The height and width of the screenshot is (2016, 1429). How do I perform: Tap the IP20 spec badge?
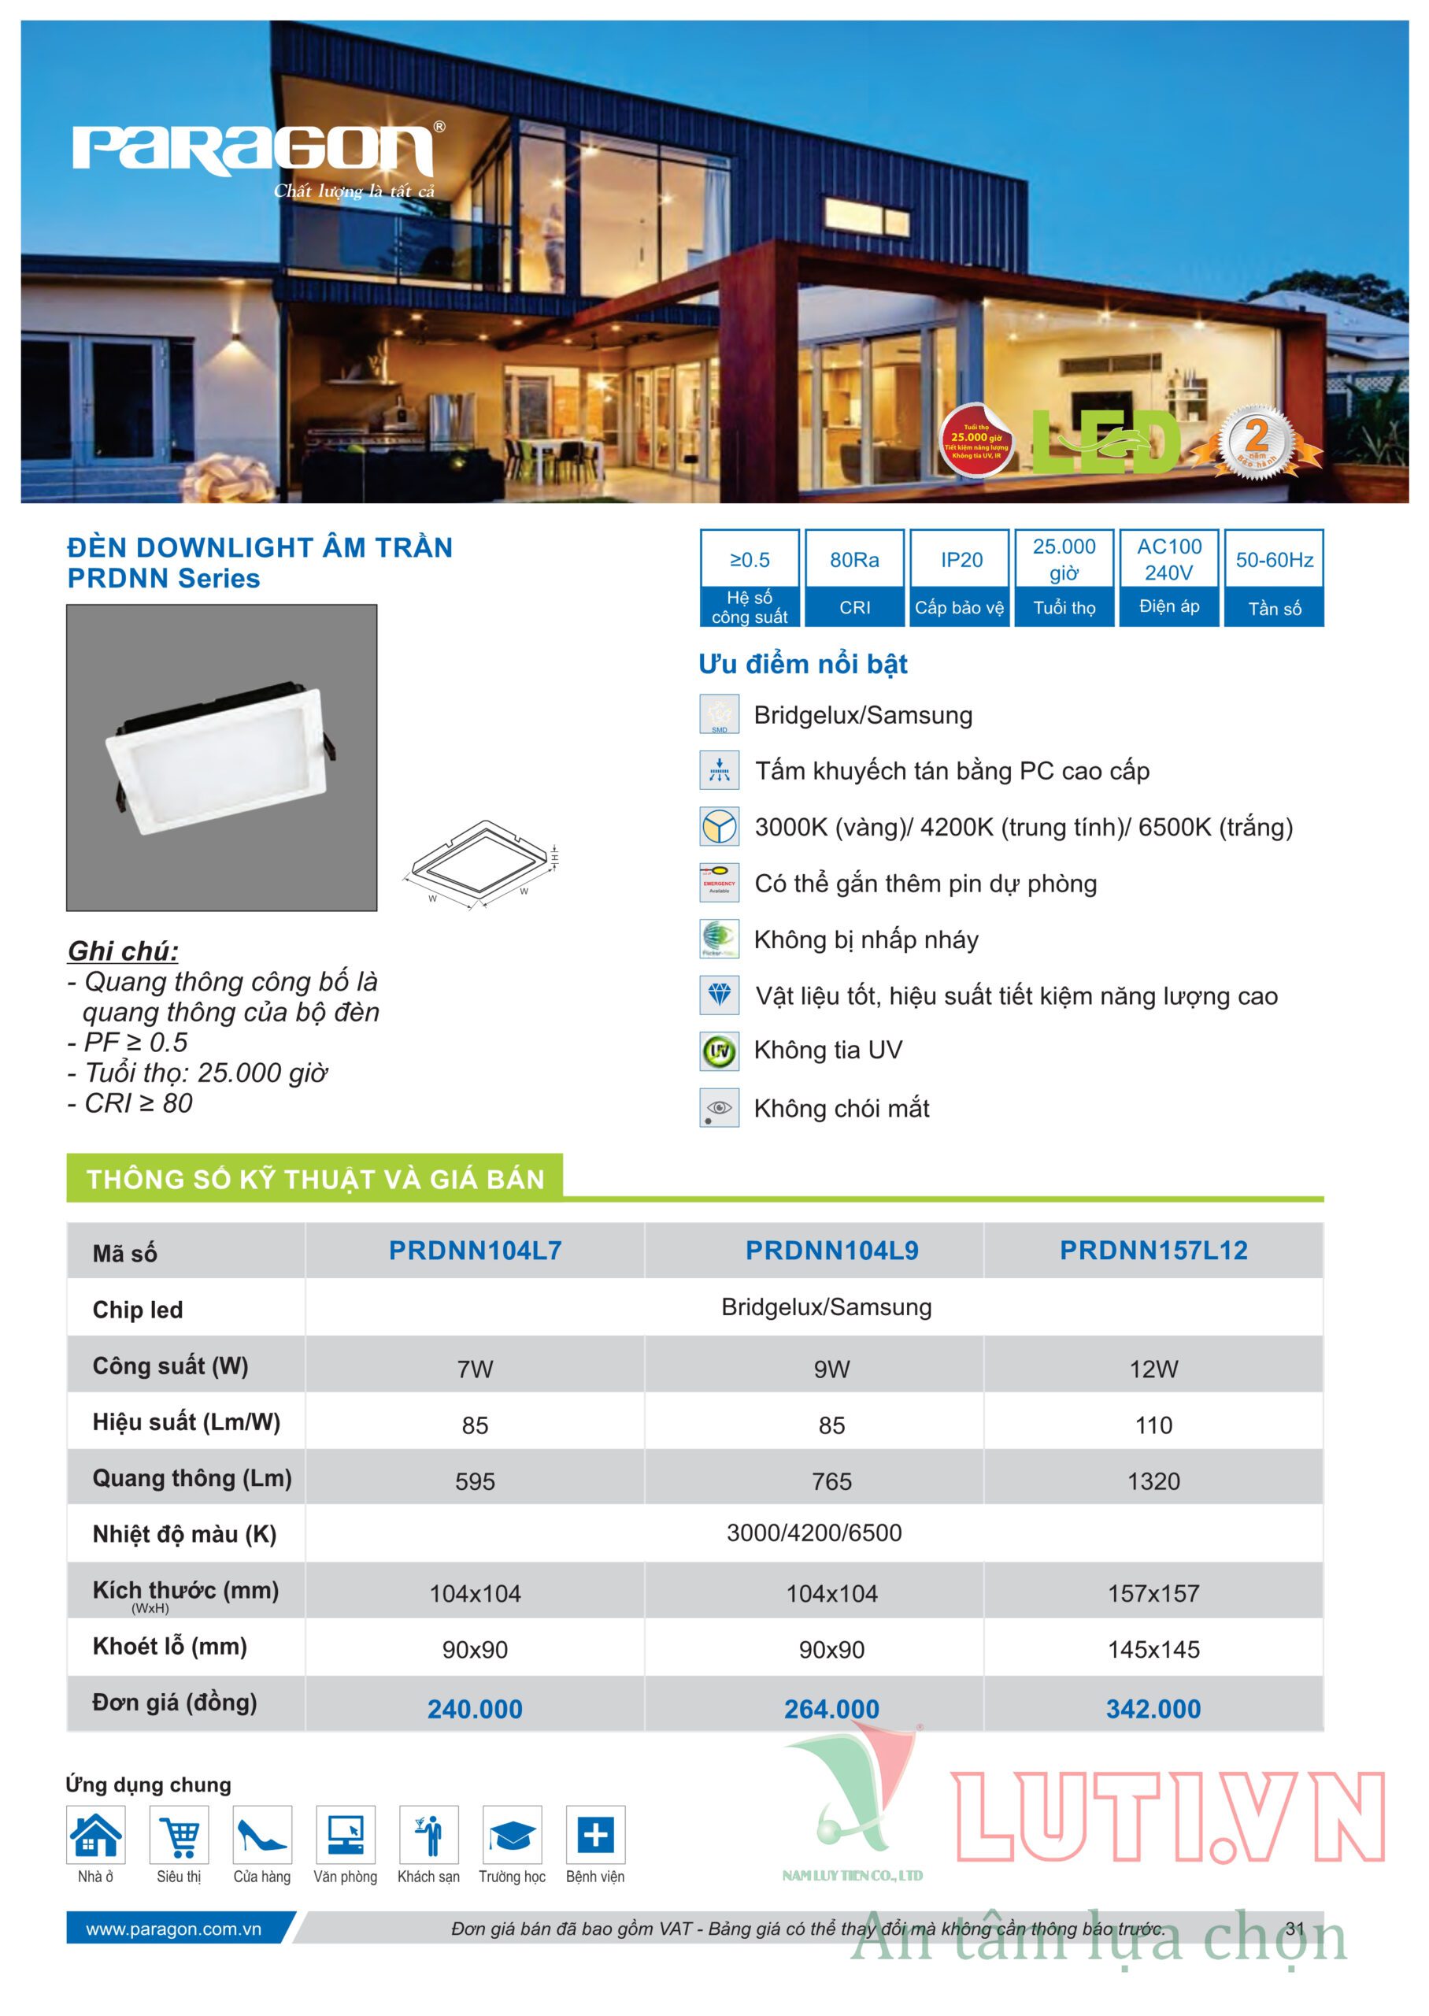[x=960, y=577]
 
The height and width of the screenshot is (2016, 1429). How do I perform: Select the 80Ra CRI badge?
[x=854, y=577]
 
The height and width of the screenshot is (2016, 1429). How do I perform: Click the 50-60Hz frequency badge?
[x=1273, y=577]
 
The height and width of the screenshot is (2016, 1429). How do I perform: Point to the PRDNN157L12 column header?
[x=1153, y=1250]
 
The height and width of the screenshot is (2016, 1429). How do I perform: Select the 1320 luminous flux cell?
[x=1153, y=1481]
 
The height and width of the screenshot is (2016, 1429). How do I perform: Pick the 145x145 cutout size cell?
[x=1153, y=1649]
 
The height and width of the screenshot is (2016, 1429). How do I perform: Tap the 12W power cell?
[x=1153, y=1369]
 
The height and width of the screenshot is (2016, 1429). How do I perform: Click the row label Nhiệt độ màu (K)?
[x=184, y=1534]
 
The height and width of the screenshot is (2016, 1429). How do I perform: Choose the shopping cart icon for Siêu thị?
[x=180, y=1835]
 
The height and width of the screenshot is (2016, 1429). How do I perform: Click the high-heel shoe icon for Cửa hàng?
[x=262, y=1835]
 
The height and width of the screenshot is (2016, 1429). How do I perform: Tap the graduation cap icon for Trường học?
[x=512, y=1835]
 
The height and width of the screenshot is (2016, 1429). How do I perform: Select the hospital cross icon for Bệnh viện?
[x=596, y=1835]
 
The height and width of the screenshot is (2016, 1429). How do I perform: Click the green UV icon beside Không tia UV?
[x=719, y=1051]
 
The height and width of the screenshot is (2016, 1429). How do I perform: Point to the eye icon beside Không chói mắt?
[x=719, y=1108]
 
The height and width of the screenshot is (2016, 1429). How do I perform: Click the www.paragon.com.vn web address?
[x=173, y=1929]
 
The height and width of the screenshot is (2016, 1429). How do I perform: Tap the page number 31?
[x=1294, y=1929]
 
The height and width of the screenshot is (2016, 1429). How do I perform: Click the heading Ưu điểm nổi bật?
[x=802, y=664]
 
